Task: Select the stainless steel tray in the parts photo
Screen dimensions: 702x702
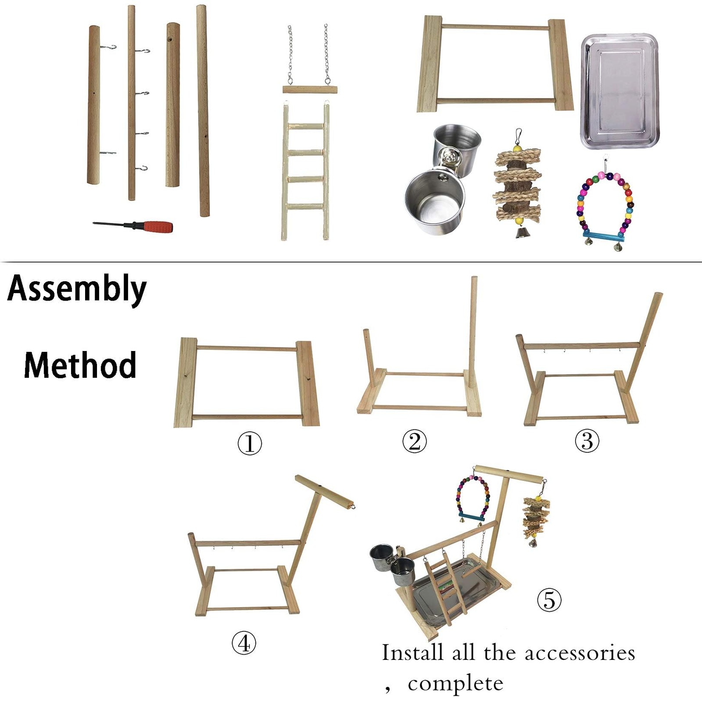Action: [x=620, y=91]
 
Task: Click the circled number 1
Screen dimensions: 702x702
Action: [x=250, y=443]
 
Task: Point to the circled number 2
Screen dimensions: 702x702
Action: [x=414, y=441]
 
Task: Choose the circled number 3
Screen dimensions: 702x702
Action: [x=587, y=441]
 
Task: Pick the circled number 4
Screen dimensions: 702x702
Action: [x=244, y=644]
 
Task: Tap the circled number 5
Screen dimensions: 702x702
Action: [x=549, y=600]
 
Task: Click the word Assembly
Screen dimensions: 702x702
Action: [x=77, y=289]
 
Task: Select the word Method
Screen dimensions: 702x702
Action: [x=80, y=365]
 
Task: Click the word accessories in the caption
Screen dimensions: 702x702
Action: [x=580, y=653]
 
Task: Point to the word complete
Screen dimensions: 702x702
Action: [x=455, y=683]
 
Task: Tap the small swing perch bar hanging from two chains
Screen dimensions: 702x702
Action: [x=310, y=90]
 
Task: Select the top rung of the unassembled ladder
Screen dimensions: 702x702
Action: [x=306, y=126]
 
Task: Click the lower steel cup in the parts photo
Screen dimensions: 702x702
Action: [x=434, y=202]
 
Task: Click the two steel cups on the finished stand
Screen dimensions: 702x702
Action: [x=392, y=564]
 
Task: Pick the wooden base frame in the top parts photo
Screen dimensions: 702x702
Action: [x=495, y=64]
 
